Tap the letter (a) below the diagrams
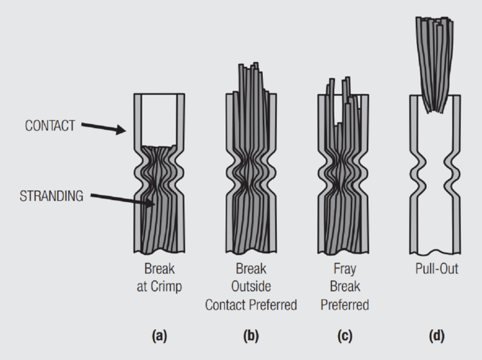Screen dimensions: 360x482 [x=159, y=336]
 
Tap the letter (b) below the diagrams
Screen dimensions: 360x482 [x=251, y=336]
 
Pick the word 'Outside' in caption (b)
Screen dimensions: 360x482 [x=251, y=287]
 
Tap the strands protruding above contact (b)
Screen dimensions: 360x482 [x=251, y=77]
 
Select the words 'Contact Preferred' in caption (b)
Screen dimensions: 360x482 [x=251, y=305]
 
